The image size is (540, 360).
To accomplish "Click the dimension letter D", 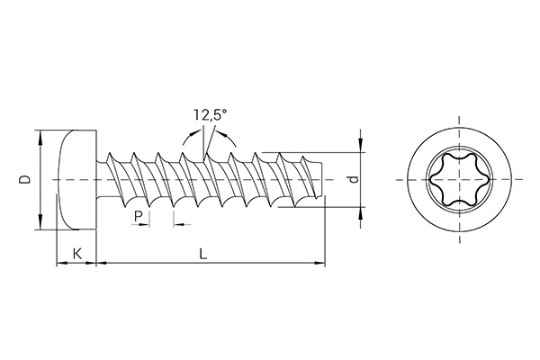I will pyautogui.click(x=25, y=180).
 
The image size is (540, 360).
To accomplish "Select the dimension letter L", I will pyautogui.click(x=203, y=255).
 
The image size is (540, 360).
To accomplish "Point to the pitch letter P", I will pyautogui.click(x=138, y=216).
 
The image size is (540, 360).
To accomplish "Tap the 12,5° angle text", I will pyautogui.click(x=209, y=115).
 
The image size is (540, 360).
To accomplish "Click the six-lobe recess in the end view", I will pyautogui.click(x=456, y=181).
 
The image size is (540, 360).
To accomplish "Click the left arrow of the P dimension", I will pyautogui.click(x=146, y=223).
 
